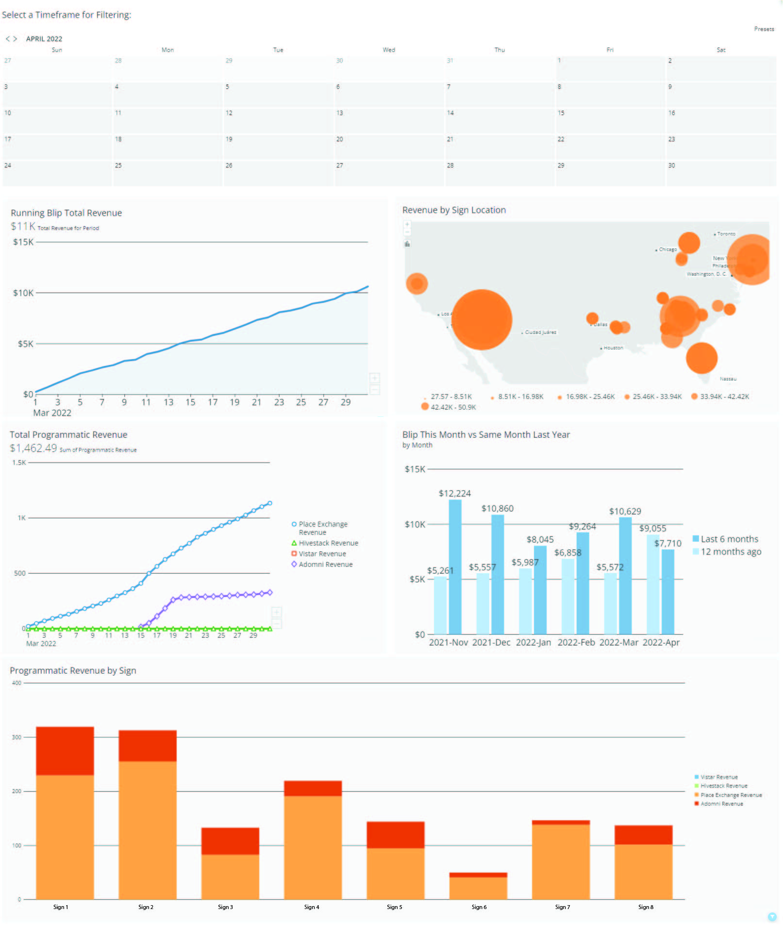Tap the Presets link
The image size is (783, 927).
pos(764,29)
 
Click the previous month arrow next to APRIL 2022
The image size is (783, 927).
pos(7,39)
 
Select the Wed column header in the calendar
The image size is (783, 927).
pos(389,50)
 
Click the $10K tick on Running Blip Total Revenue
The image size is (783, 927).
pos(23,293)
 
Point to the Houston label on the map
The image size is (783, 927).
pos(613,348)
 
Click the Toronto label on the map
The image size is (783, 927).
pos(726,234)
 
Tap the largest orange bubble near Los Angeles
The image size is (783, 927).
pos(482,319)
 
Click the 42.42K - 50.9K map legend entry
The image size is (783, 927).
pos(452,407)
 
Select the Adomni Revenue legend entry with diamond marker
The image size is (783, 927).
pos(325,564)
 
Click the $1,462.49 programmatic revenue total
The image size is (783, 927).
pos(33,448)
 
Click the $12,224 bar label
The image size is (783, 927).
pos(454,494)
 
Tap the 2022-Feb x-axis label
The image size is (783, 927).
pos(576,643)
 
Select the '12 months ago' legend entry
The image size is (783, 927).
pos(730,552)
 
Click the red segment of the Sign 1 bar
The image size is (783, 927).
pos(65,751)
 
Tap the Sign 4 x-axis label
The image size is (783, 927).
pos(312,907)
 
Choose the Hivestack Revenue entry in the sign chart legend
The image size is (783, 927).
pos(723,786)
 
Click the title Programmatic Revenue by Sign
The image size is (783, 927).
pos(73,671)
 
